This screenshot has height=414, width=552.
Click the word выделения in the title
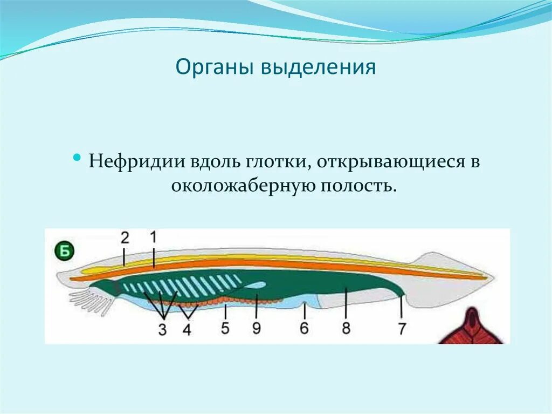(318, 69)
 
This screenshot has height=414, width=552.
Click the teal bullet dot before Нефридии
(78, 158)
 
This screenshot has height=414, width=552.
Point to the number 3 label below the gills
(162, 330)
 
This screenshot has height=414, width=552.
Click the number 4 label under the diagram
(187, 330)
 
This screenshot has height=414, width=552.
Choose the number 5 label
(225, 328)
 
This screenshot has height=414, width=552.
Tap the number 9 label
(256, 328)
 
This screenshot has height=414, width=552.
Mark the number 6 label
(305, 328)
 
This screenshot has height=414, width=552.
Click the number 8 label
(346, 328)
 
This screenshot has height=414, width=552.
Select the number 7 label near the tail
(402, 329)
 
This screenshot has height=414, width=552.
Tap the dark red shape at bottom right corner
(473, 328)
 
